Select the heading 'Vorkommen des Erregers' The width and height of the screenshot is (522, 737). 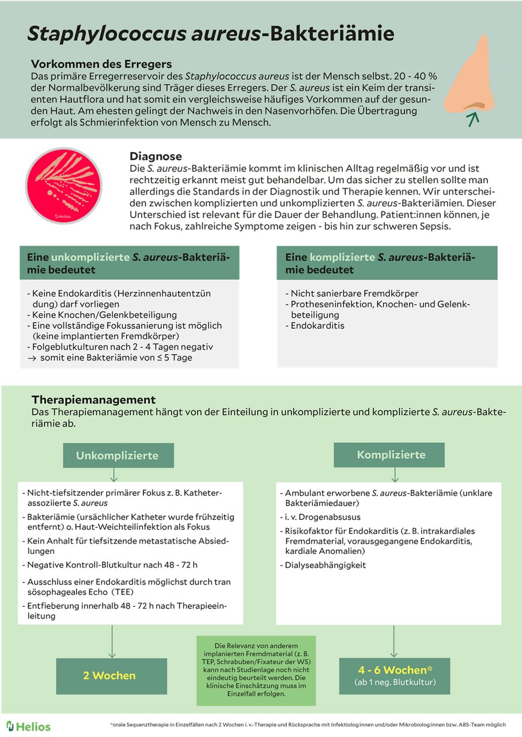tap(101, 63)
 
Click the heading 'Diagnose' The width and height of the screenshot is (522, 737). tap(156, 156)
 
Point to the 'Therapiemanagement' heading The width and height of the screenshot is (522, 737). tap(93, 399)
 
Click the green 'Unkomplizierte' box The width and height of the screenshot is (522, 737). tap(117, 455)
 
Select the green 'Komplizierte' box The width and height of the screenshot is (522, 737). tap(391, 454)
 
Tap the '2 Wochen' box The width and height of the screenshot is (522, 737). tap(109, 675)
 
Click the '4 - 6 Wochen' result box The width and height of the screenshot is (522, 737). tap(395, 675)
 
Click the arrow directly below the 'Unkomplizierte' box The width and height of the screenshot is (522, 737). tap(114, 474)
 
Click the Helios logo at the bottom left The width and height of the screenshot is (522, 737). tap(28, 726)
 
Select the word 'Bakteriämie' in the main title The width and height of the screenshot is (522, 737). tap(328, 33)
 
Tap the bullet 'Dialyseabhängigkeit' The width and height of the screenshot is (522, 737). tap(326, 565)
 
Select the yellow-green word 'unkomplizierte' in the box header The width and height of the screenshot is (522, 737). tap(90, 258)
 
